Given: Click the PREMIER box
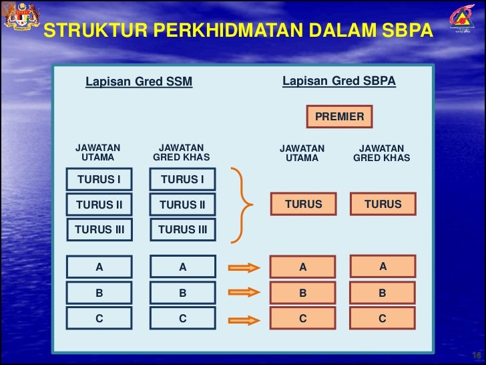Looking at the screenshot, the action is coord(339,117).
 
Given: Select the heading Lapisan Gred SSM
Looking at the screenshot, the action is coord(139,82).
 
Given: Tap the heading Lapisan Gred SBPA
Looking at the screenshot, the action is coord(339,82).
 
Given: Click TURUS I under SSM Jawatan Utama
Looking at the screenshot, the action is coord(99,179).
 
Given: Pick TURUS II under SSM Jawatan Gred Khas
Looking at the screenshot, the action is coord(183,205).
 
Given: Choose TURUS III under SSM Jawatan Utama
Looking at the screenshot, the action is coord(99,229).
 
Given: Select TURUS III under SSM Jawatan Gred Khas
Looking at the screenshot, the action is coord(183,229).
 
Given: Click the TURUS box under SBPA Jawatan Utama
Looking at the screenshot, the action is coord(303,205).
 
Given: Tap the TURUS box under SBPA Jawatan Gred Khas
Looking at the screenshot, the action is coord(383,205).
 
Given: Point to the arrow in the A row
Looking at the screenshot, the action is coord(244,268).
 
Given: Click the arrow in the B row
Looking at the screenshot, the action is coord(244,292).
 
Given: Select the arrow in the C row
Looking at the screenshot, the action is coord(244,318).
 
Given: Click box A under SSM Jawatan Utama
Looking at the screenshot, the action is coord(99,267).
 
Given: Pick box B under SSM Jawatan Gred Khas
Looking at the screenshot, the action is coord(183,292).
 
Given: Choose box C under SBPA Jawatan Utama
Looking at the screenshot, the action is coord(303,319).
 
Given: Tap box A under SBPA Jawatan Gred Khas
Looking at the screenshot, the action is coord(383,267).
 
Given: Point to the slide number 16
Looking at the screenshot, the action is coord(477,355).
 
